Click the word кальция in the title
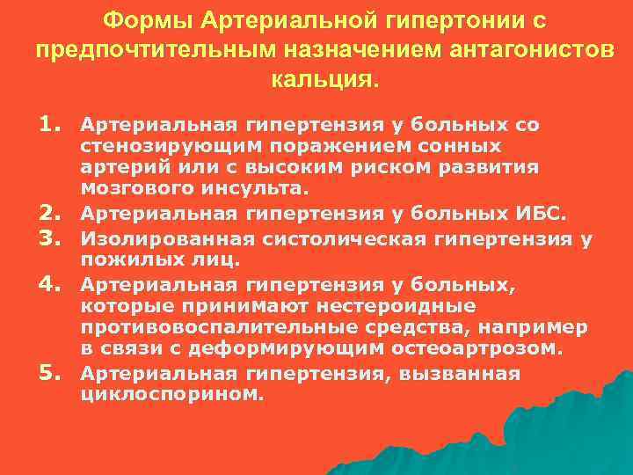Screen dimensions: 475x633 tap(322, 80)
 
